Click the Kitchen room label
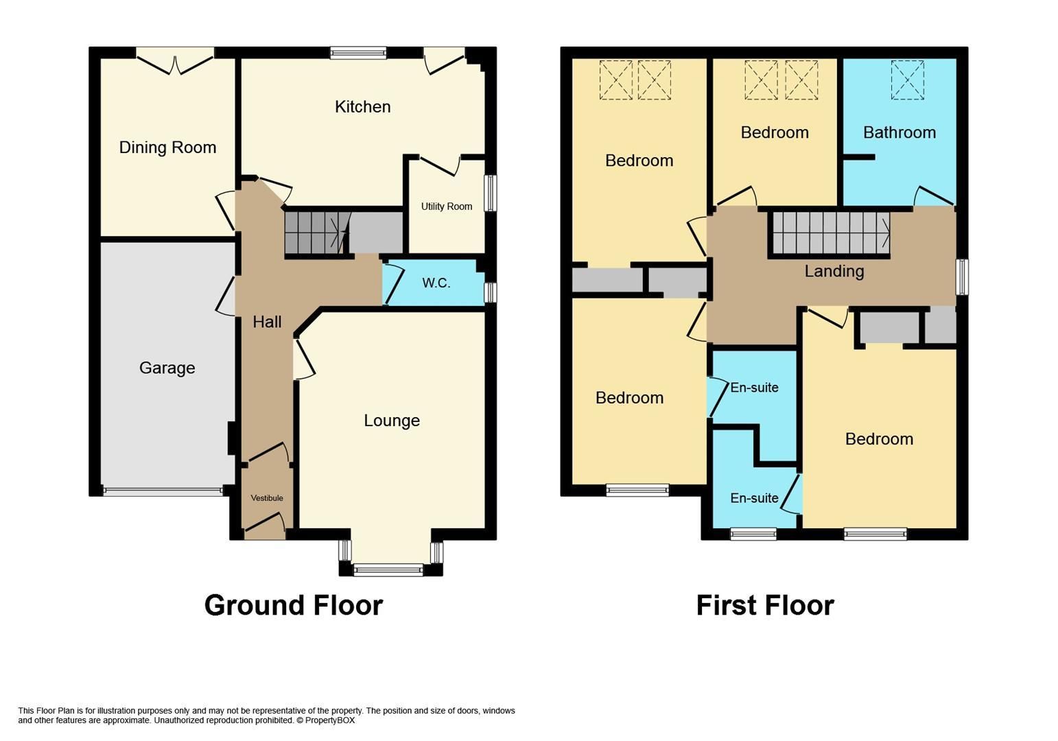pyautogui.click(x=362, y=107)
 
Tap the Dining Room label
pyautogui.click(x=167, y=148)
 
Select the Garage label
pyautogui.click(x=167, y=368)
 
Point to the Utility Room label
pyautogui.click(x=447, y=207)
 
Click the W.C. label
pyautogui.click(x=436, y=283)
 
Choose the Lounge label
pyautogui.click(x=391, y=421)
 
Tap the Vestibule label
pyautogui.click(x=266, y=498)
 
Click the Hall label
pyautogui.click(x=267, y=322)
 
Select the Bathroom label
pyautogui.click(x=899, y=132)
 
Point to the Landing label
pyautogui.click(x=834, y=272)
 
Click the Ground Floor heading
pyautogui.click(x=293, y=605)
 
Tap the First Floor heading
pyautogui.click(x=764, y=605)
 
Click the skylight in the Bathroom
pyautogui.click(x=907, y=80)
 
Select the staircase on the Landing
pyautogui.click(x=831, y=233)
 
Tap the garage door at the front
pyautogui.click(x=163, y=491)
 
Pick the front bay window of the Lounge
pyautogui.click(x=388, y=569)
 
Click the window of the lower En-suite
pyautogui.click(x=753, y=533)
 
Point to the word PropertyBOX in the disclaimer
pyautogui.click(x=330, y=720)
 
